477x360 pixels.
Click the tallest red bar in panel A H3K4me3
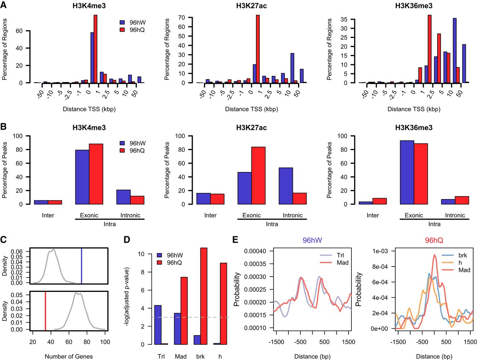95,49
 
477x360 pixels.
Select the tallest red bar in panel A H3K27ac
258,49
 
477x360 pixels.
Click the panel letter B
3,127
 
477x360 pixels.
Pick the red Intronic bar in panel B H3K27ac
300,198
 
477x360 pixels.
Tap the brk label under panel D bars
200,356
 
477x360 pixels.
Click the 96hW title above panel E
312,240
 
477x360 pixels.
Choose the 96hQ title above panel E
434,240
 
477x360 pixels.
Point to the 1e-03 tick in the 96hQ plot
380,251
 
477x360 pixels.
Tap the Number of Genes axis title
69,356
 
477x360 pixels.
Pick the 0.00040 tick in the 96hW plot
255,251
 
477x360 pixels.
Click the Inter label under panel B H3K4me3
48,215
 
